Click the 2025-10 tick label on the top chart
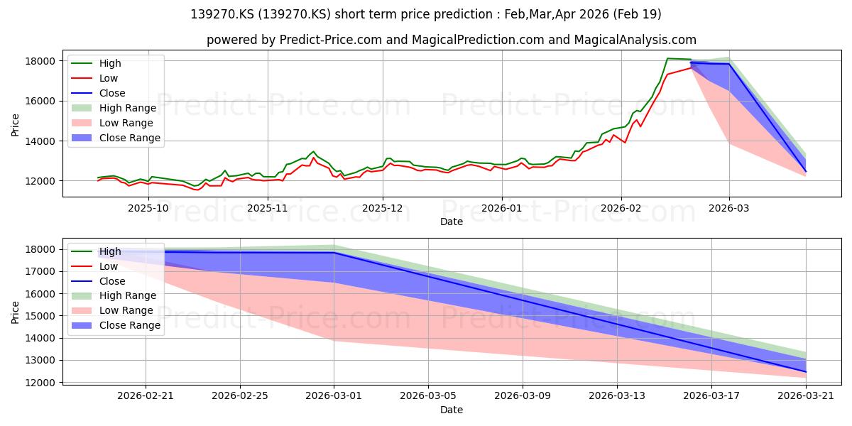[x=148, y=208]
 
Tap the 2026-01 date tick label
[x=502, y=208]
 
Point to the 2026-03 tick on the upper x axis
[x=729, y=208]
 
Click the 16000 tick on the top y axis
[x=40, y=101]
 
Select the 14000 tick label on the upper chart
[x=40, y=141]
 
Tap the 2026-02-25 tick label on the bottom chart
[x=240, y=396]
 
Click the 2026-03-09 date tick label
[x=523, y=396]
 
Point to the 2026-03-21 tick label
[x=806, y=396]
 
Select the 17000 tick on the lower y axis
[x=40, y=271]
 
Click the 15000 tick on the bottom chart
[x=40, y=316]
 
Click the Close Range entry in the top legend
[x=116, y=138]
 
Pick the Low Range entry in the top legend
[x=112, y=123]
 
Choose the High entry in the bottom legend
[x=97, y=251]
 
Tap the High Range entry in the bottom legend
[x=114, y=295]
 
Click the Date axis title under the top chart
[x=452, y=222]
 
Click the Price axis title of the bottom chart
[x=15, y=312]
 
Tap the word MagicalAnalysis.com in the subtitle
[x=635, y=40]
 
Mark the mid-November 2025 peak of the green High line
[x=313, y=151]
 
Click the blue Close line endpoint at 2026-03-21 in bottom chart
[x=806, y=372]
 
